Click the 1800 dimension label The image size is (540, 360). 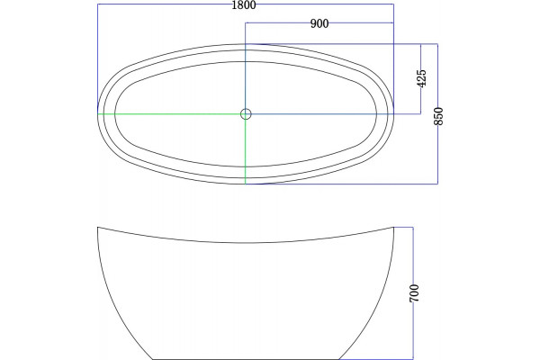tap(244, 4)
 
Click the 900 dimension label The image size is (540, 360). tap(319, 23)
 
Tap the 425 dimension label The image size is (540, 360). tap(421, 78)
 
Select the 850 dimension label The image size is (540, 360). tap(439, 116)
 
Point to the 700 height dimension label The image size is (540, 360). tap(414, 293)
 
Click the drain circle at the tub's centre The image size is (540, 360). tap(246, 113)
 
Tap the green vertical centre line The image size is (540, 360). tap(245, 148)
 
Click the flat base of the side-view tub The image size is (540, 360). tap(246, 359)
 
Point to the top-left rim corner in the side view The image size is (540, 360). tap(98, 228)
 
